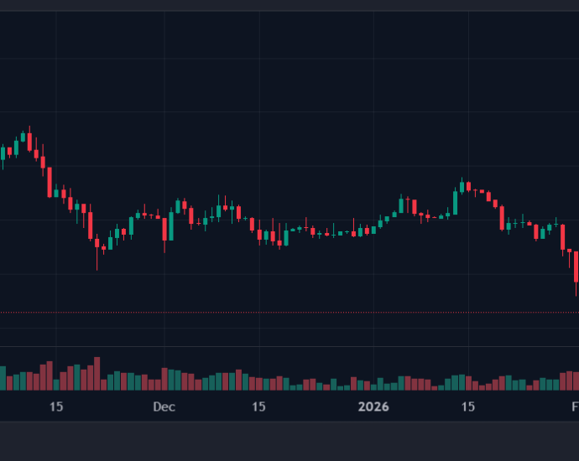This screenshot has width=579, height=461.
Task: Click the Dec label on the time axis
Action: coord(164,407)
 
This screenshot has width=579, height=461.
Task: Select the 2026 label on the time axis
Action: coord(374,407)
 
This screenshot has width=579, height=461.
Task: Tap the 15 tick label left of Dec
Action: coord(56,407)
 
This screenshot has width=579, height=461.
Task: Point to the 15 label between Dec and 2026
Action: coord(258,407)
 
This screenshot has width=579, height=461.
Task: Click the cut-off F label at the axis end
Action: coord(575,407)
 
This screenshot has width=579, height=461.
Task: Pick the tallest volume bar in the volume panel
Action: coord(96,373)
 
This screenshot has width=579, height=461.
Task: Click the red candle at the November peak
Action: coord(29,141)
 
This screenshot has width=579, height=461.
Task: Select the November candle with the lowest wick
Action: coord(97,246)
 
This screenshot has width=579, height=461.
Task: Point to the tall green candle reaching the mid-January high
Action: coord(456,202)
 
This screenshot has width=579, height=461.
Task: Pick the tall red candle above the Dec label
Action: coord(164,228)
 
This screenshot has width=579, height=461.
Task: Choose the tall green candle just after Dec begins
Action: coord(171,225)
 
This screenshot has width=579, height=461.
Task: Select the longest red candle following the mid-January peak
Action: coord(502,218)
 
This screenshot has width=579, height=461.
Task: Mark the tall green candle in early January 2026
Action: coord(401,205)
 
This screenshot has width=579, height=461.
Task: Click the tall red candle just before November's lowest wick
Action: coord(91,225)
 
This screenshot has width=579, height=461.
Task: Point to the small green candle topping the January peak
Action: coord(462,184)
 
